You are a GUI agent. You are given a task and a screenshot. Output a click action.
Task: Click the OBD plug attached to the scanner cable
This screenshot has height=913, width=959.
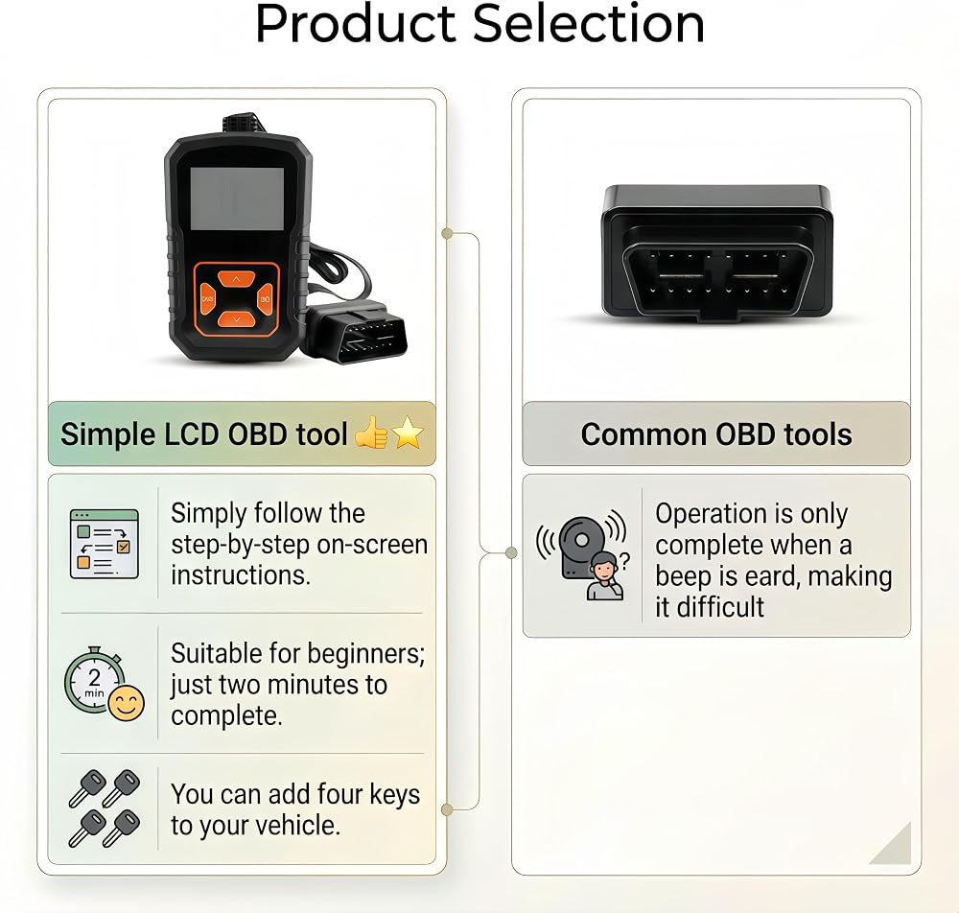coord(357,332)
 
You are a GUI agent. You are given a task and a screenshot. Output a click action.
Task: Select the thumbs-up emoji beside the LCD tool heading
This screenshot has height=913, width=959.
coord(371,433)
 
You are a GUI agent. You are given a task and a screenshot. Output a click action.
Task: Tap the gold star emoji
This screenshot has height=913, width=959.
coord(408,433)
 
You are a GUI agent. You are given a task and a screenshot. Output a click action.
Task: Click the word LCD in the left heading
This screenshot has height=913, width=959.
coord(192,434)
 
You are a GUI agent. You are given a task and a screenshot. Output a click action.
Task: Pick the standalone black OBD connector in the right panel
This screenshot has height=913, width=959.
coord(716,252)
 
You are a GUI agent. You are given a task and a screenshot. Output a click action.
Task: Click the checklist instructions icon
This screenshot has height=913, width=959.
coord(104,544)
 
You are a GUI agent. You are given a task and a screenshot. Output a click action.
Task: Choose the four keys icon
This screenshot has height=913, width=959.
coord(104,808)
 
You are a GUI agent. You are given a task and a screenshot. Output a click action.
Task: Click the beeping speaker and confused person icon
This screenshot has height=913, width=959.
coord(582,554)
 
